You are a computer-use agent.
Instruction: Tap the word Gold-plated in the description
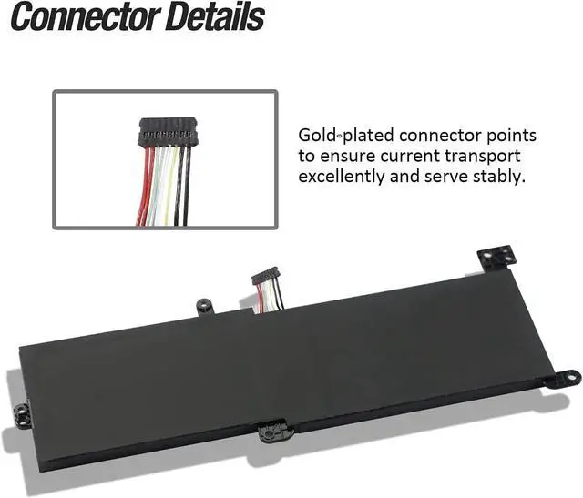(x=349, y=137)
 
